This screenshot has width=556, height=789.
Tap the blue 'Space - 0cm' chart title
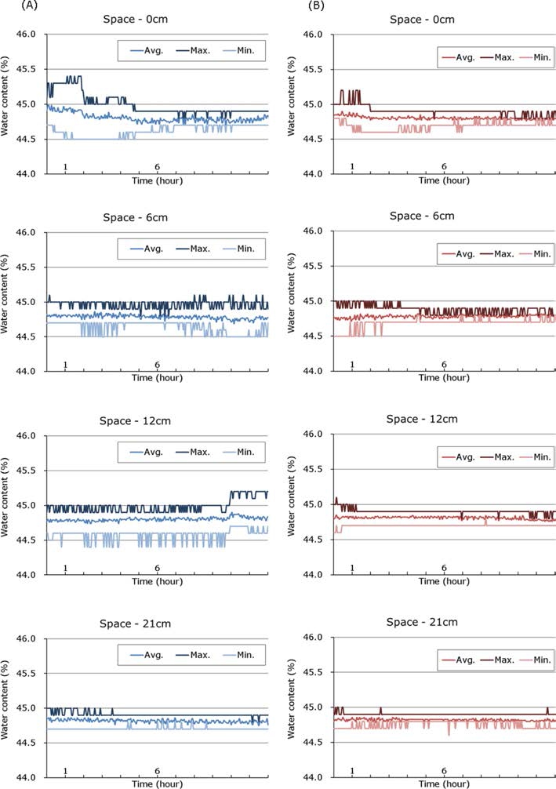158,20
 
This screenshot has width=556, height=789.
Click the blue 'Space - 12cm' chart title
158,421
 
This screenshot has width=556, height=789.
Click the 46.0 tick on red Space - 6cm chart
312,232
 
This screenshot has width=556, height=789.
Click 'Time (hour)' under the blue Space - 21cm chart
157,784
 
